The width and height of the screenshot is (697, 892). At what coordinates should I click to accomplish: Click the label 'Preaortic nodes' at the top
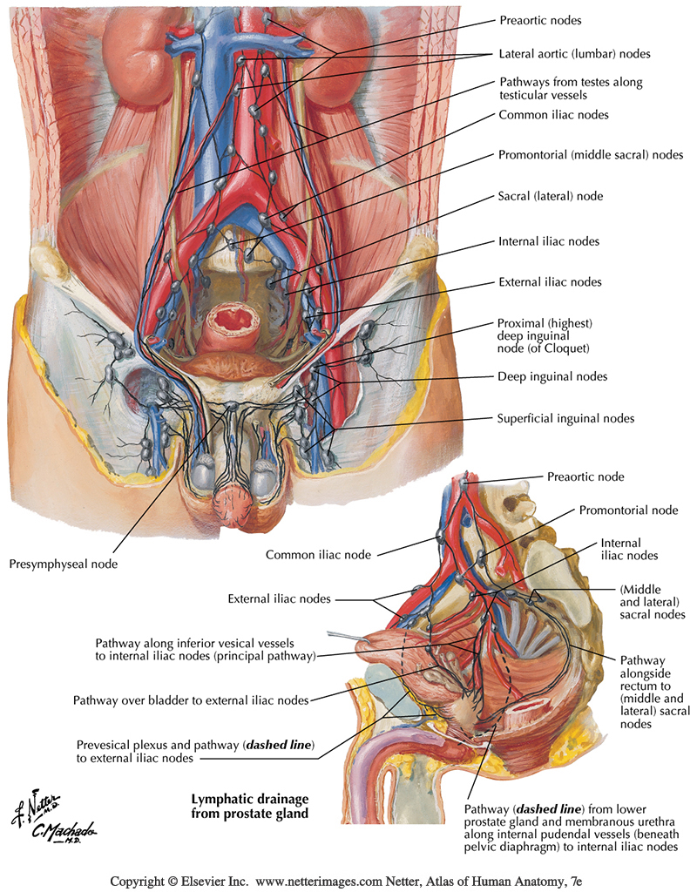tap(539, 19)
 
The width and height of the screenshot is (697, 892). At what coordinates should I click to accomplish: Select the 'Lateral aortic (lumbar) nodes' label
tap(575, 53)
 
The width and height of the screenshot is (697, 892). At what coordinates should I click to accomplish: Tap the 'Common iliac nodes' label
tap(553, 114)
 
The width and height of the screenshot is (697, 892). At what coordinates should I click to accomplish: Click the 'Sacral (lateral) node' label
tap(551, 197)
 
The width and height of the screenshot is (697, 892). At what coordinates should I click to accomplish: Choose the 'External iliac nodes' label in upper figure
tap(550, 282)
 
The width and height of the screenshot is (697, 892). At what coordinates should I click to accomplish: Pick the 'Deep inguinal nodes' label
tap(552, 376)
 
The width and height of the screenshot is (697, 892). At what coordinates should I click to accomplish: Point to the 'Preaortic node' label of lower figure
tap(585, 476)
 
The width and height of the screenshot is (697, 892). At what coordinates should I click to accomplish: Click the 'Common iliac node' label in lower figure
tap(318, 554)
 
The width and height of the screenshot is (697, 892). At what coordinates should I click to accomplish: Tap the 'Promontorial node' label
tap(626, 510)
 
